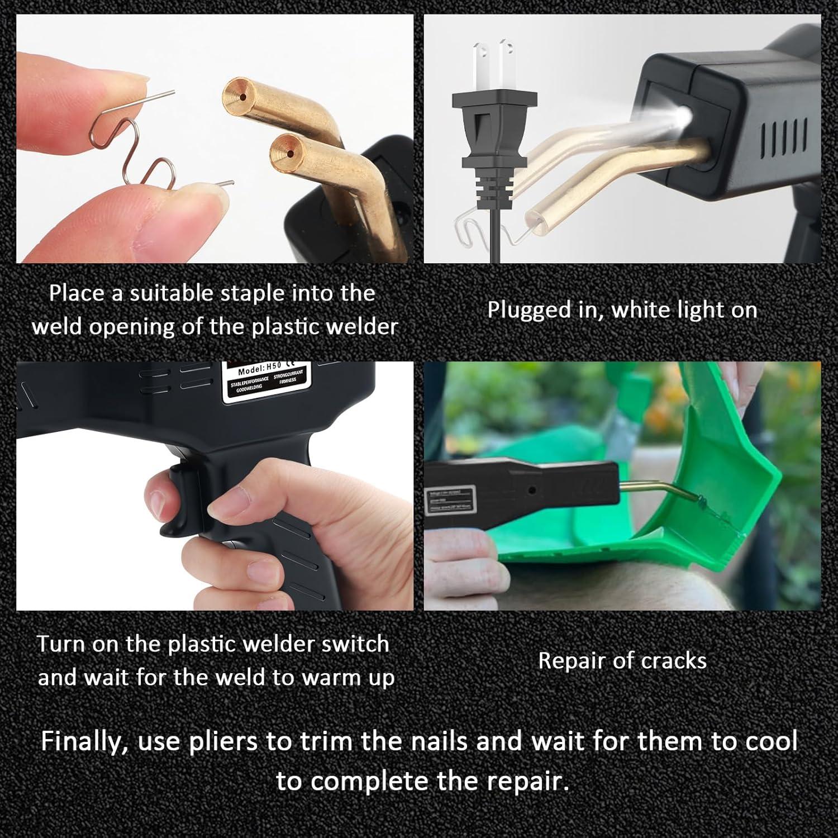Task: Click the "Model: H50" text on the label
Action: [259, 370]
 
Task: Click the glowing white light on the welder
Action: [682, 116]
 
